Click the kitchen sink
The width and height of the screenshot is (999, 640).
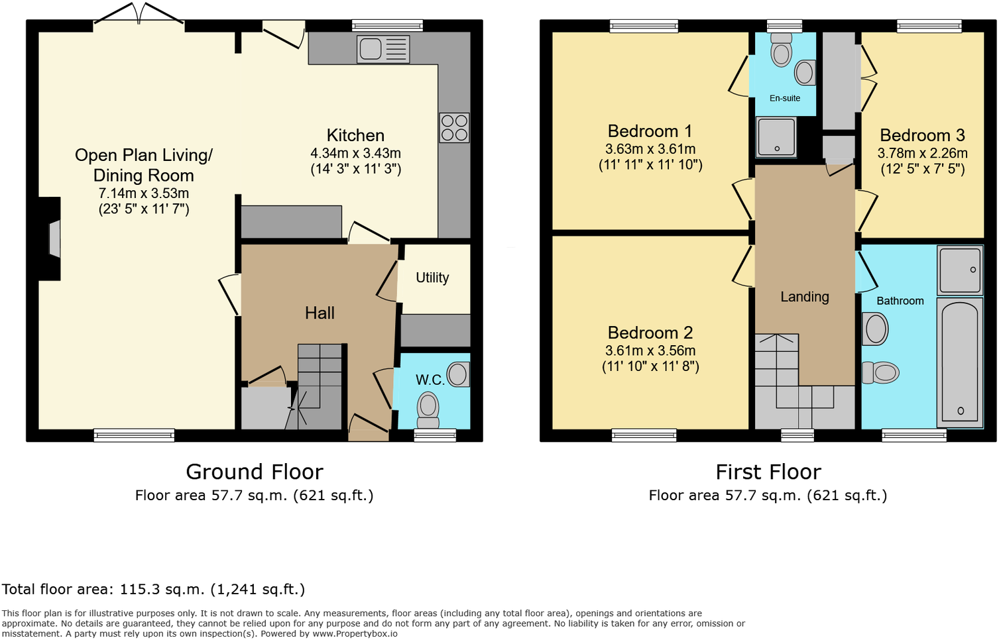[382, 49]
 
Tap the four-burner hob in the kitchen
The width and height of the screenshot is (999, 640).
[454, 128]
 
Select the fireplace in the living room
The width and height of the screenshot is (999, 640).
[54, 239]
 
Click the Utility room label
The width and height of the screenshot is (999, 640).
[432, 278]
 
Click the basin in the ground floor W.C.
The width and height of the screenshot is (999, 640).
[458, 374]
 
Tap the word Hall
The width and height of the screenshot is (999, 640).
[320, 313]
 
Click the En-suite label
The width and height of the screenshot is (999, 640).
[785, 98]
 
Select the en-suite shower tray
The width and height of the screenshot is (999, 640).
[776, 136]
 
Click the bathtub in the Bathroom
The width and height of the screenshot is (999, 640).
[960, 361]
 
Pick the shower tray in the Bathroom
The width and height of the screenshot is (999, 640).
[959, 270]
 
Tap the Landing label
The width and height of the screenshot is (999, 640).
[804, 297]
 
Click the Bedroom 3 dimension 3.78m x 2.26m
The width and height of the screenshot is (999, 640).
[922, 153]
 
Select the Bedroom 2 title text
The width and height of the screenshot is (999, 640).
[650, 333]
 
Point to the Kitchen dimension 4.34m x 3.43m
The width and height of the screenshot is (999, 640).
[355, 153]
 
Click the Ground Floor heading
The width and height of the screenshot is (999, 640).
[254, 472]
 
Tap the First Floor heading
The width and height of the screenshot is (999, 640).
[768, 472]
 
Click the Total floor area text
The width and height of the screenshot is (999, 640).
[153, 589]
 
